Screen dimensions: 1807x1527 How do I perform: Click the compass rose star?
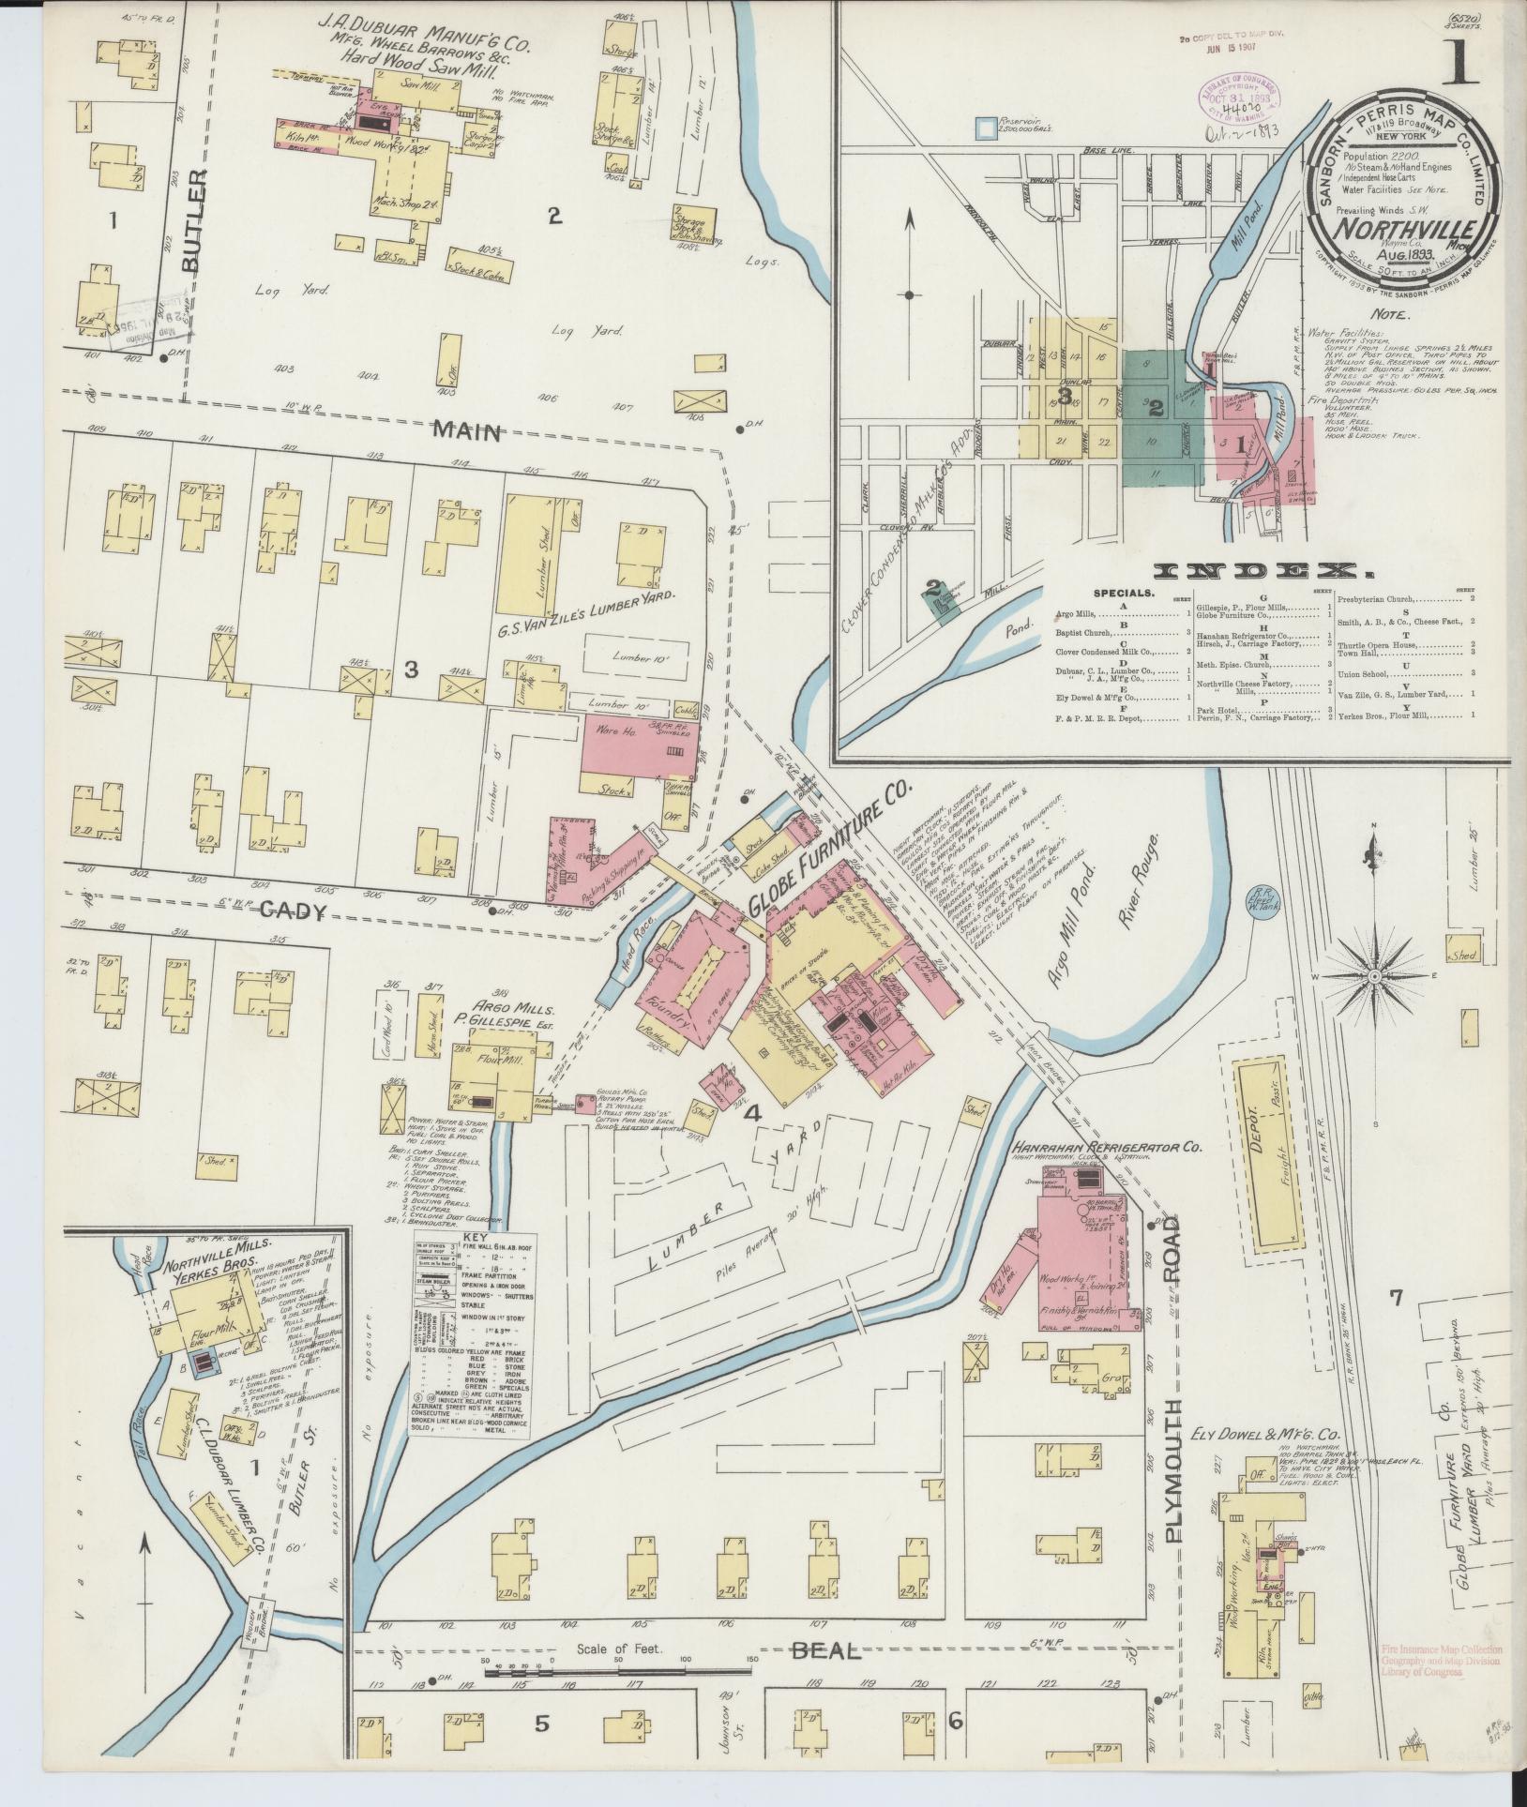[x=1374, y=976]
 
